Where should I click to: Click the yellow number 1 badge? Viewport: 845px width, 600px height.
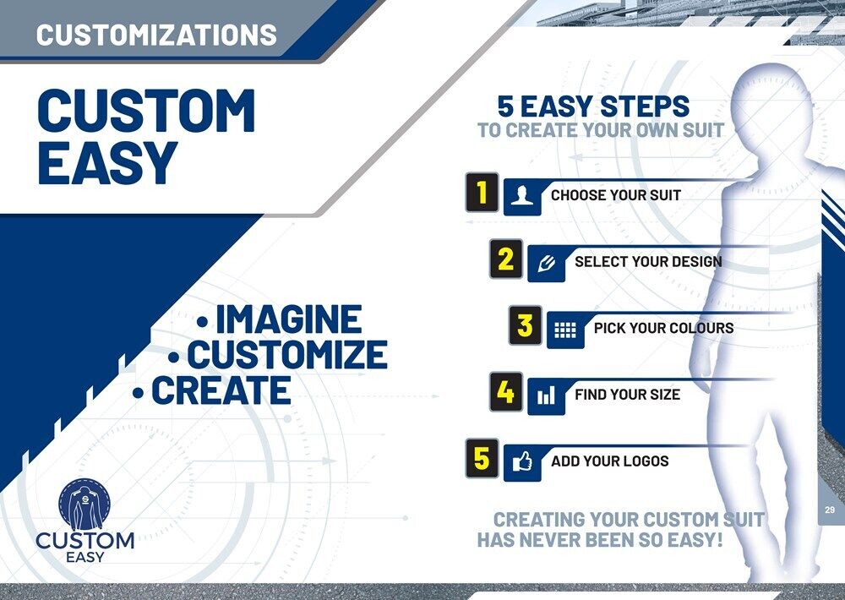point(482,193)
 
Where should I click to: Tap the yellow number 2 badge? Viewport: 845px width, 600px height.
point(505,259)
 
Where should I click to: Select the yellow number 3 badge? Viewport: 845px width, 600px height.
point(525,325)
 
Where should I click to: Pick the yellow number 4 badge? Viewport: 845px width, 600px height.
point(505,392)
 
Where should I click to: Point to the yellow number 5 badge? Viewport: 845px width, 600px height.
point(482,459)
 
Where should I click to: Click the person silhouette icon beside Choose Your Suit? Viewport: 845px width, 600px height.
point(521,196)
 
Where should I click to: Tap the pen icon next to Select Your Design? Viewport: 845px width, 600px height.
point(546,263)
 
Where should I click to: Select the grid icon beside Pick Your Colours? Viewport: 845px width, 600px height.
point(564,330)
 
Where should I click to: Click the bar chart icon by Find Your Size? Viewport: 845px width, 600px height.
point(546,396)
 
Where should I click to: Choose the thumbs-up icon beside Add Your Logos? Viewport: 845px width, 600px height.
point(521,462)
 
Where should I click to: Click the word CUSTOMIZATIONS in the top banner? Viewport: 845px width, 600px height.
point(156,35)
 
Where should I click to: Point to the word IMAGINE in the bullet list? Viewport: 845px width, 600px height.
point(289,319)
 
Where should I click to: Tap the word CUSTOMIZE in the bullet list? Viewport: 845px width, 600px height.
point(286,354)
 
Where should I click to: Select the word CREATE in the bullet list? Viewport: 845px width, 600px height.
point(221,390)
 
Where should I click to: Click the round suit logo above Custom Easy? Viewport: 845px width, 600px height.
point(84,505)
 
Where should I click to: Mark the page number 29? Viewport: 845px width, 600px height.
point(830,510)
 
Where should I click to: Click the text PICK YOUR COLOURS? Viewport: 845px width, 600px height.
point(663,328)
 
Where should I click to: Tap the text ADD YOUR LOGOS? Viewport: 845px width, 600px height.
point(609,461)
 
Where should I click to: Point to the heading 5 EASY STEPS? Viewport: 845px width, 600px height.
point(593,106)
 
